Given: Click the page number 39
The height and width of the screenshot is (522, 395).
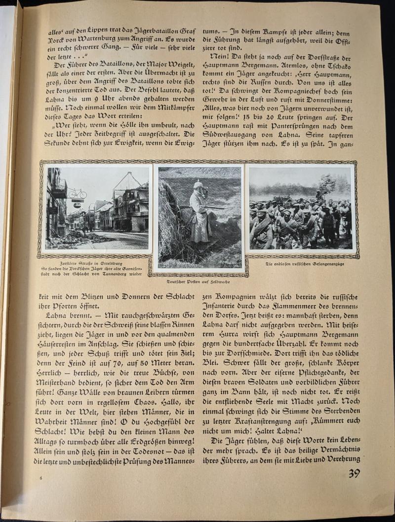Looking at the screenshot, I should (x=354, y=474).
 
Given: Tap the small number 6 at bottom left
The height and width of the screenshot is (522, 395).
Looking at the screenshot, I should (x=41, y=478).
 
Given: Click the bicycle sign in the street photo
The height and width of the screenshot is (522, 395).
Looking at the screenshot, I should (x=77, y=193).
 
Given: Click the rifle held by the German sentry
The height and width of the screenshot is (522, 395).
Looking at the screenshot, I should (x=217, y=207).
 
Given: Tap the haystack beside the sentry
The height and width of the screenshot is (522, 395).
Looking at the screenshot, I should (x=170, y=222).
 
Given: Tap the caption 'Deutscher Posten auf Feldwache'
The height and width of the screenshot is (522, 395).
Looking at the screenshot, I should (x=198, y=281).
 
